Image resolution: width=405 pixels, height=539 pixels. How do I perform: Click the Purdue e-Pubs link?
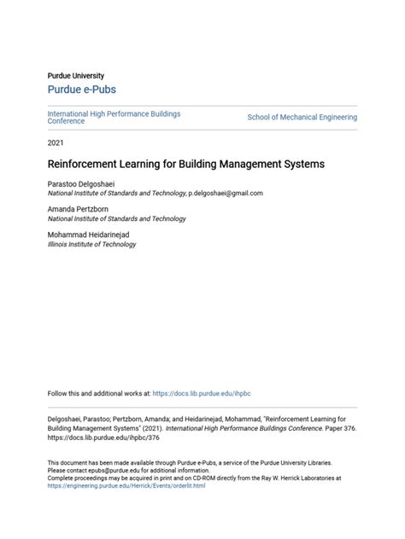[x=81, y=90]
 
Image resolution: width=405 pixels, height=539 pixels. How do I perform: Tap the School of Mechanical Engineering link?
[x=302, y=117]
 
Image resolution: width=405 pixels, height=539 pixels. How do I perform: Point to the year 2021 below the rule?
[x=56, y=142]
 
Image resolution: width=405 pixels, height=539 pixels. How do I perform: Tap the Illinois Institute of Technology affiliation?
[x=91, y=245]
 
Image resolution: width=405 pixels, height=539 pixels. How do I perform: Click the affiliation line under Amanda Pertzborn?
[x=115, y=219]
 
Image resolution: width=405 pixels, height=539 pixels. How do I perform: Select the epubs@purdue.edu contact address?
[x=115, y=470]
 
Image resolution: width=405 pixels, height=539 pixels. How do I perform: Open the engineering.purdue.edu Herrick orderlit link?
[x=126, y=485]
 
